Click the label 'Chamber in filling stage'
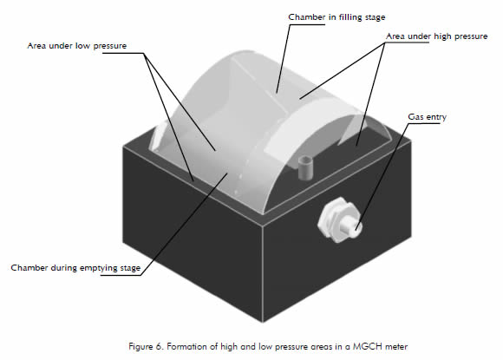coord(336,17)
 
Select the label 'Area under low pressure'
coord(77,46)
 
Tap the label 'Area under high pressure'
coord(436,36)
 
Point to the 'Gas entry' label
coord(427,117)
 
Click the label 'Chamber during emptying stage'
coord(75,268)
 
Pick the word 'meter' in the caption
coord(396,347)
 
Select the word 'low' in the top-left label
coord(82,46)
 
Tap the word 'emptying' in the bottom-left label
coord(99,268)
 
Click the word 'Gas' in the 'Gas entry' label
coord(415,117)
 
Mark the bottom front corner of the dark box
coord(264,322)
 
